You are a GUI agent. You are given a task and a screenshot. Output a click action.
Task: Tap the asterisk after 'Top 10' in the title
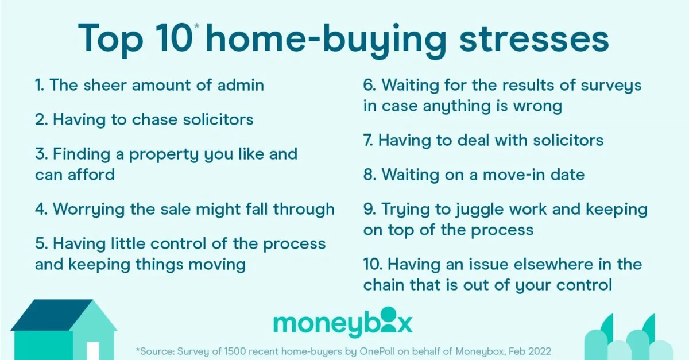pos(197,26)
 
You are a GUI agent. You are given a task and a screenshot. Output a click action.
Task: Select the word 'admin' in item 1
pos(241,85)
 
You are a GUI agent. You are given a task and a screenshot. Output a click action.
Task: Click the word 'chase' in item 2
pos(154,119)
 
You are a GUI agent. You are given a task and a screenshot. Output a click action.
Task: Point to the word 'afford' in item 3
pos(91,175)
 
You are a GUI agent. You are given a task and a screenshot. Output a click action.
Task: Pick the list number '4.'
pos(41,209)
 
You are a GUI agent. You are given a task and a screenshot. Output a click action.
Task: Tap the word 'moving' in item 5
pos(217,265)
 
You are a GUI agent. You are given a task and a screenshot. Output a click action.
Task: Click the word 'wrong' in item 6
pos(537,107)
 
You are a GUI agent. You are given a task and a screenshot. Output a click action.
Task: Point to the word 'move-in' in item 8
pos(514,175)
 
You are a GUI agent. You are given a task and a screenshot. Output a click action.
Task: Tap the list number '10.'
pos(373,264)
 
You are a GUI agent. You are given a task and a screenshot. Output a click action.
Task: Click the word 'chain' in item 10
pos(384,285)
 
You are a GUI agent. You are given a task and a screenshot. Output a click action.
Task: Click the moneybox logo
pos(343,323)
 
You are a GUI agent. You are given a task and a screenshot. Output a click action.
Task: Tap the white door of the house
pos(93,351)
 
